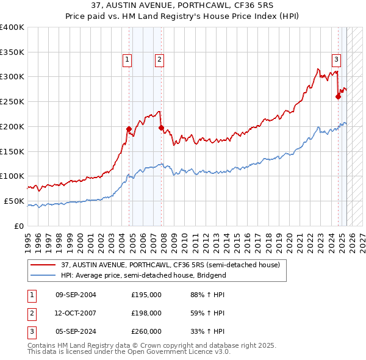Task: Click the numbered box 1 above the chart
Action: pos(126,59)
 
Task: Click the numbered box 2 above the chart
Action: pos(159,59)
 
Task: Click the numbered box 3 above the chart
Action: pos(336,59)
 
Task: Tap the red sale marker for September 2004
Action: pos(129,129)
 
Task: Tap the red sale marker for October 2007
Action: pos(161,128)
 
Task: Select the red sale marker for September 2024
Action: pos(338,96)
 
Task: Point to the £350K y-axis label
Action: pos(12,52)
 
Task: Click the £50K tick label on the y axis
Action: pos(15,201)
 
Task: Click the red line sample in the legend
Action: pos(43,265)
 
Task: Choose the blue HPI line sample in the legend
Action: pos(43,275)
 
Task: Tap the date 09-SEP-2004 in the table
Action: pos(76,295)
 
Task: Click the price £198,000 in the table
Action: pos(146,313)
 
